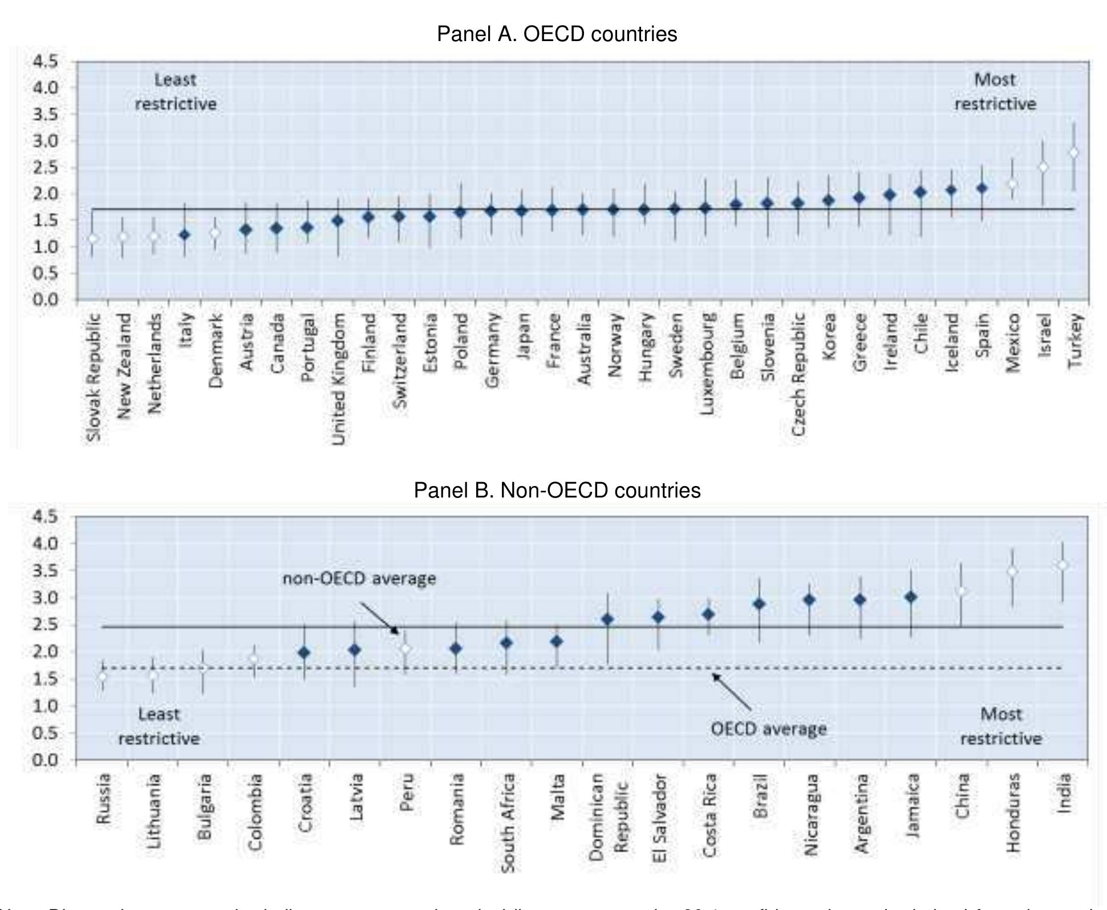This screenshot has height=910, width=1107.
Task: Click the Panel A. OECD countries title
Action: (557, 34)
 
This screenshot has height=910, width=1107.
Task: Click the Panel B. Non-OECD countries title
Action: (557, 490)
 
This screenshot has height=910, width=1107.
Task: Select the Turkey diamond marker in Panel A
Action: (1073, 152)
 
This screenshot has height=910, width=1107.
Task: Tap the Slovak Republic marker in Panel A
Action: (93, 238)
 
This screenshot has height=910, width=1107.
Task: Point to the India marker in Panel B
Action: (1062, 565)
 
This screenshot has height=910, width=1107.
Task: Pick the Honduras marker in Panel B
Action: (1012, 571)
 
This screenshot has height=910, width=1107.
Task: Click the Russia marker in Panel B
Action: (103, 677)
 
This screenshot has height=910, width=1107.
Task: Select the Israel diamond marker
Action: (1043, 167)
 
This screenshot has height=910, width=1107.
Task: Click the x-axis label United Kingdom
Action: (338, 379)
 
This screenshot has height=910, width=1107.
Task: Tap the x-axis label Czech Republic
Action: (798, 374)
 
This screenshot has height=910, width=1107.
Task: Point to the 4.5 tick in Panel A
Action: (45, 61)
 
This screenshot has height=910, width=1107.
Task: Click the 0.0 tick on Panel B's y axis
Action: (45, 759)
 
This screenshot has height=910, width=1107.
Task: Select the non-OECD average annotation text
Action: (359, 579)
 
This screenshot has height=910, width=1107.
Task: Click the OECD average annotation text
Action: (768, 729)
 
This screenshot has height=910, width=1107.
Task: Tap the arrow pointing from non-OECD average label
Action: (380, 619)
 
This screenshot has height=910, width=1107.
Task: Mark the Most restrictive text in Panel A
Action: (995, 92)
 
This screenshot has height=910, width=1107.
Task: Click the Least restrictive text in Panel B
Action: (159, 726)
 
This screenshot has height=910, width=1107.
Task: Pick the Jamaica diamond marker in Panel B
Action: (911, 597)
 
